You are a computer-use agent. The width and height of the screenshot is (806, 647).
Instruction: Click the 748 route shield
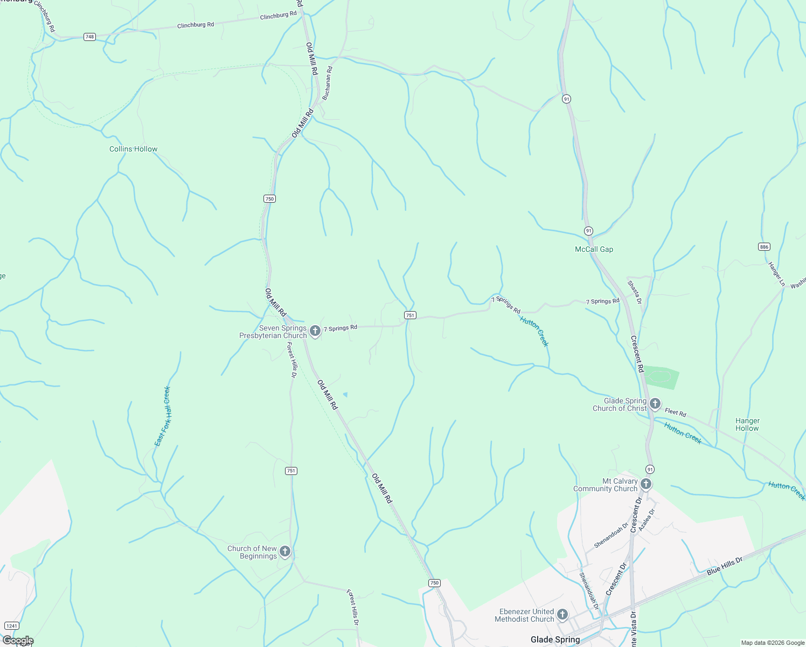89,37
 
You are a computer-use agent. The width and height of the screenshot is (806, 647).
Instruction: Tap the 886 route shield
764,246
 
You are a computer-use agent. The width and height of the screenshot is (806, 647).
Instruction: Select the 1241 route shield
11,626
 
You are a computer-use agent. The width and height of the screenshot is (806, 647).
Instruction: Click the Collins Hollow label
134,149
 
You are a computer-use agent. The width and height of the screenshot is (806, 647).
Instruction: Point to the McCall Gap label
594,249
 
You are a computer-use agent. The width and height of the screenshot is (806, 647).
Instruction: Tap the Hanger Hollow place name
747,424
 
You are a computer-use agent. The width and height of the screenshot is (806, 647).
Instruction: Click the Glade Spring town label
555,639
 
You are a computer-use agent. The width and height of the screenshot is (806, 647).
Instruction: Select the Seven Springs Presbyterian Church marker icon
315,331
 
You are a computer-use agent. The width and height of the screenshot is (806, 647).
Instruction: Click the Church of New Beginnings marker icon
285,551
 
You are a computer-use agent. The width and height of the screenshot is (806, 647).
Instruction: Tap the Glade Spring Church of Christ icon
655,403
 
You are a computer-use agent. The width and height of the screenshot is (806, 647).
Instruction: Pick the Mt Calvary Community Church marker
646,484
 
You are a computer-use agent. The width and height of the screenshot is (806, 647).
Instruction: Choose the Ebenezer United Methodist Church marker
562,614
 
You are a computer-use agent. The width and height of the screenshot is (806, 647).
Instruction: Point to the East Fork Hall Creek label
163,416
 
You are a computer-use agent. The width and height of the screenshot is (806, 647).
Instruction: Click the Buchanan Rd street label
327,83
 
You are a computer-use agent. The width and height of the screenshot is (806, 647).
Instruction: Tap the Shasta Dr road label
634,292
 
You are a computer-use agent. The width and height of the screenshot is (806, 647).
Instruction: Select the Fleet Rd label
676,412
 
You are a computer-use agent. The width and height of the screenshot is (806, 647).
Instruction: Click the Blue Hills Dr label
725,566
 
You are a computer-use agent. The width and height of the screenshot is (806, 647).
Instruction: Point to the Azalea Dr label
647,520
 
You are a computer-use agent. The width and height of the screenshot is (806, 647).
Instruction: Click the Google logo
18,641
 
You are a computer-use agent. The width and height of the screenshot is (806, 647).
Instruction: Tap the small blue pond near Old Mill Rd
345,395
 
